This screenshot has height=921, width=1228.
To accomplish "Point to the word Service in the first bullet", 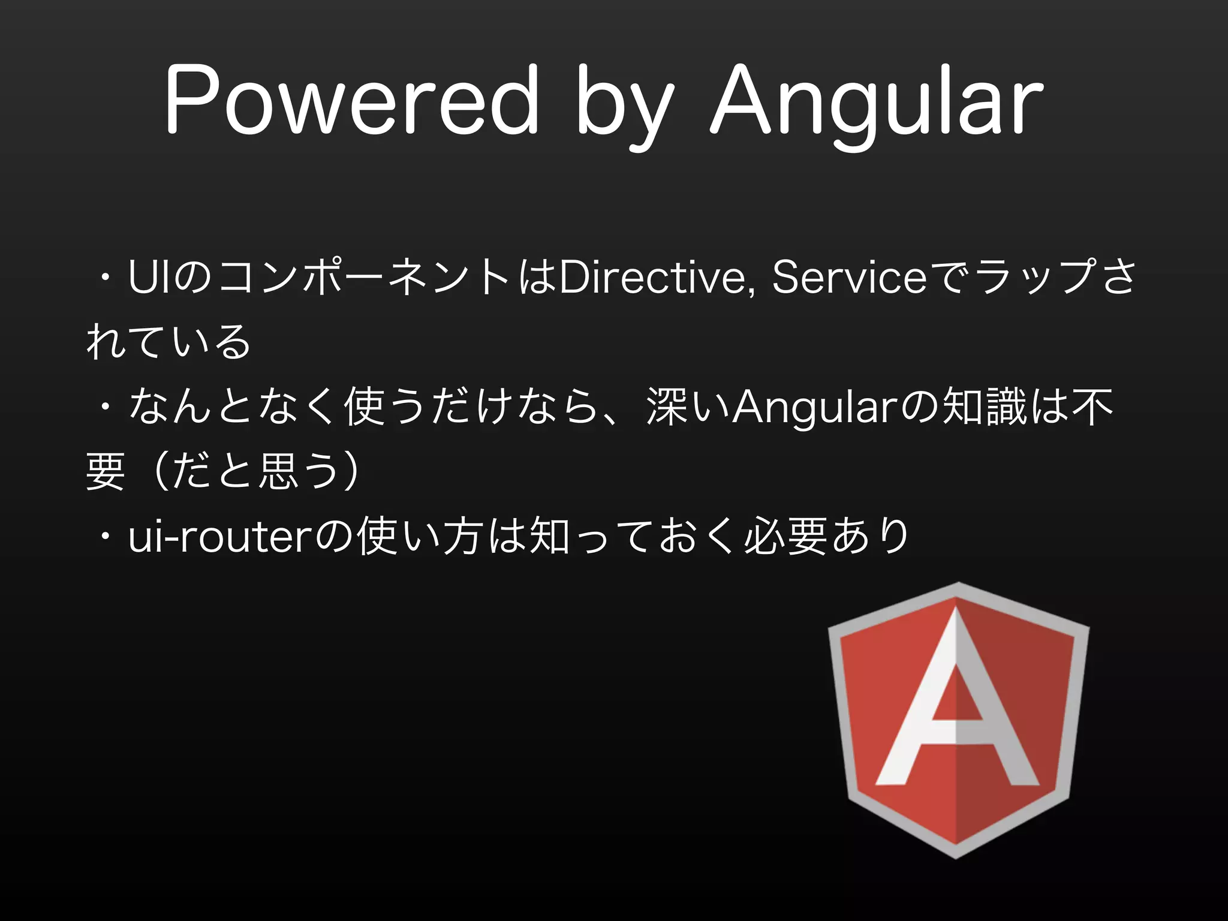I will click(x=849, y=278).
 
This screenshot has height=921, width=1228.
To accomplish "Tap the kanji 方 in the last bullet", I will click(x=462, y=535).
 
